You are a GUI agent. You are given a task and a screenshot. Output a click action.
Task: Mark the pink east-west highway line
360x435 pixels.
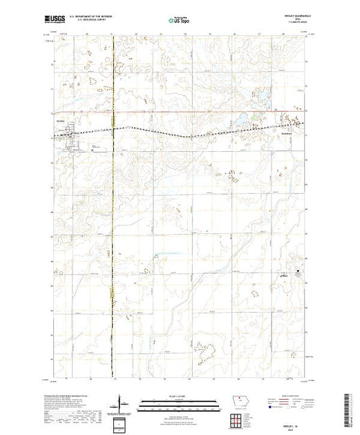pyautogui.click(x=173, y=113)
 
